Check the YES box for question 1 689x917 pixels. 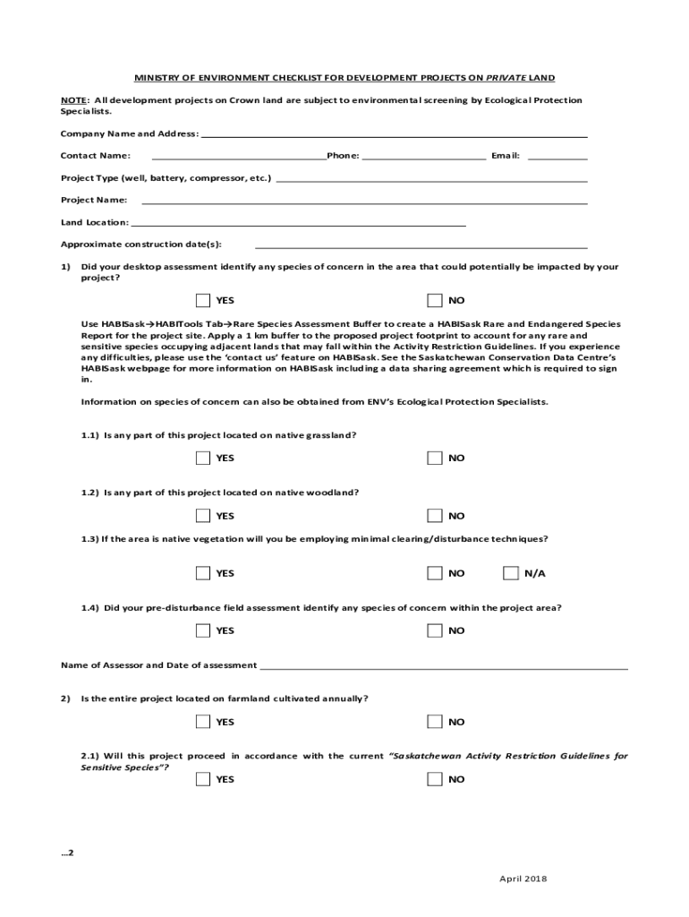[x=203, y=300]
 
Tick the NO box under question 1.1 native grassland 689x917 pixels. [x=435, y=458]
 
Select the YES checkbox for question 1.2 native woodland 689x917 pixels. [x=203, y=515]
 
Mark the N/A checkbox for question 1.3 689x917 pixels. [x=511, y=573]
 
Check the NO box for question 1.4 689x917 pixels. [x=435, y=630]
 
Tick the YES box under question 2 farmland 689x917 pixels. [x=203, y=722]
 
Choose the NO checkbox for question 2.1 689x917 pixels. [x=435, y=779]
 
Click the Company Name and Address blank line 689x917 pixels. [x=394, y=134]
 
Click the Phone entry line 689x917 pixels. [x=424, y=157]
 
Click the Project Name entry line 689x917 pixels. [x=364, y=201]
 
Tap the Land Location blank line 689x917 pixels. [x=298, y=224]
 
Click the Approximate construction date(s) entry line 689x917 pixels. [x=421, y=245]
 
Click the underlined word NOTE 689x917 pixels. [x=73, y=100]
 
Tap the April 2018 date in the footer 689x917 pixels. [x=523, y=878]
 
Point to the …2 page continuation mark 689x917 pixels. [x=67, y=853]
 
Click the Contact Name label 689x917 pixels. [x=96, y=156]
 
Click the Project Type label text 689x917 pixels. [x=166, y=178]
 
